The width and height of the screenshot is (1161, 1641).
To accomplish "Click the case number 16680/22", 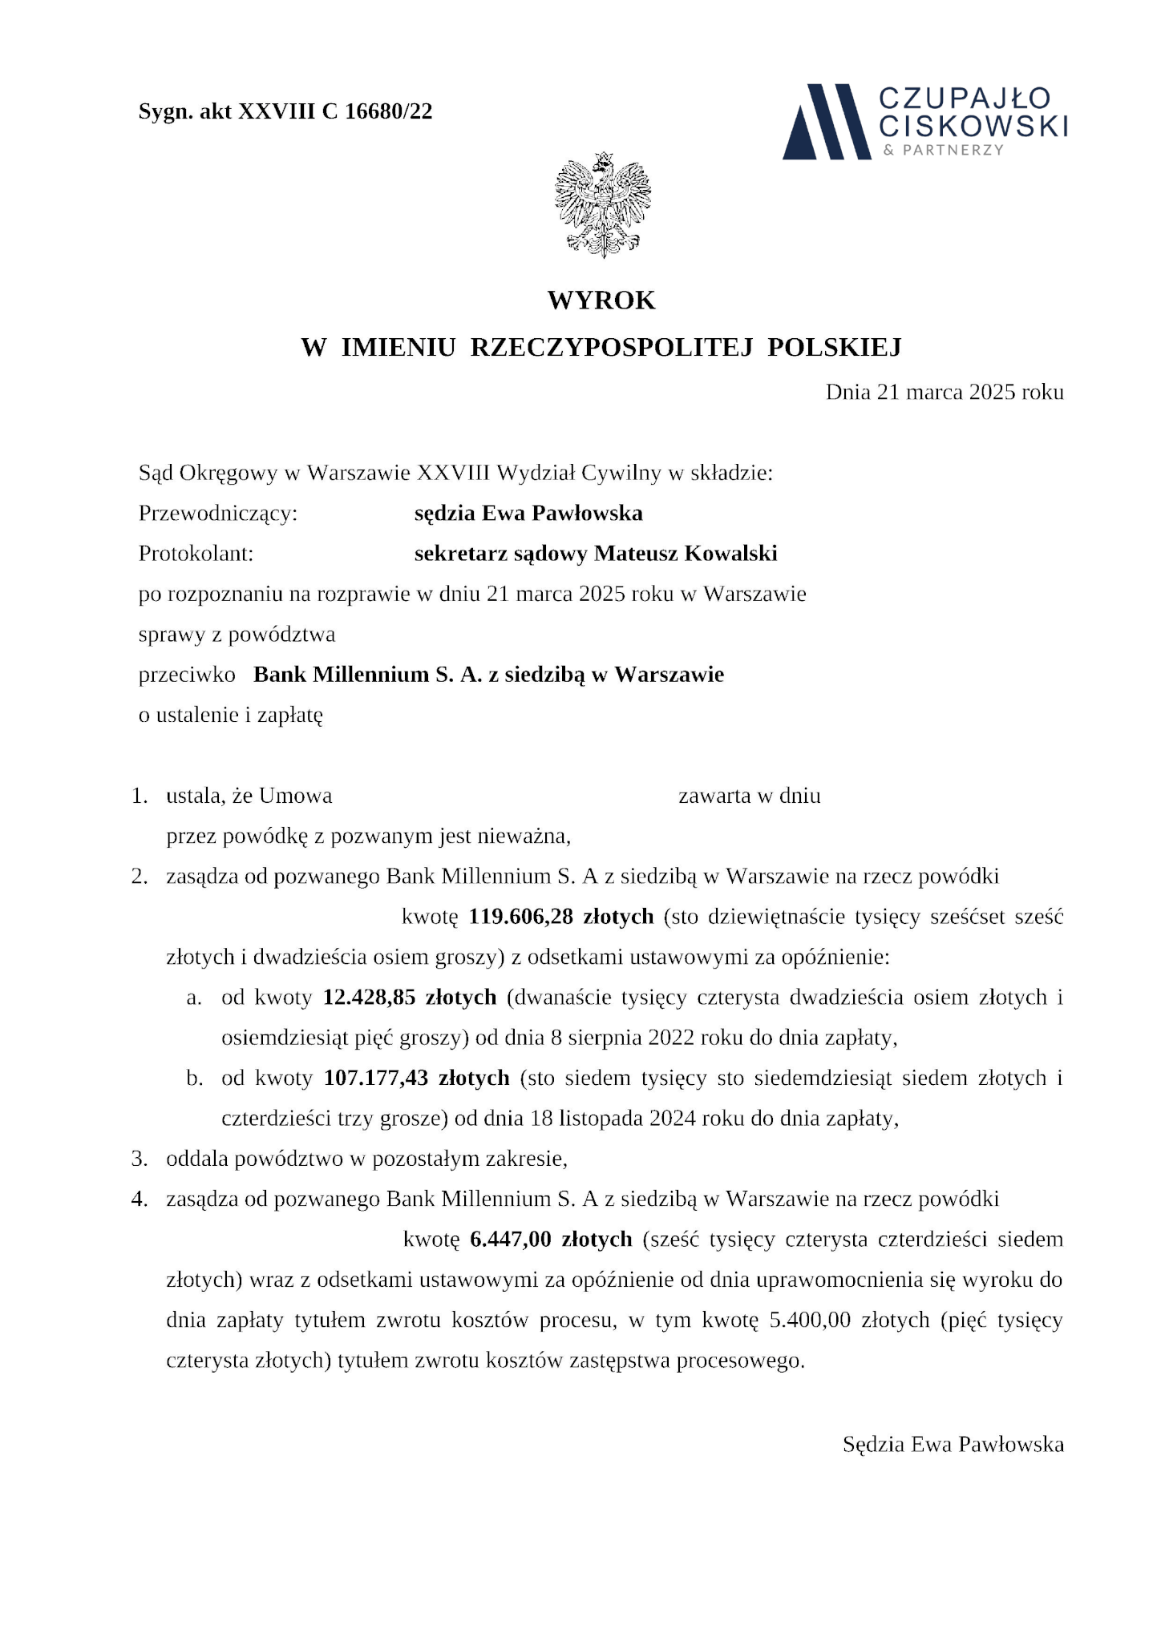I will click(x=388, y=111).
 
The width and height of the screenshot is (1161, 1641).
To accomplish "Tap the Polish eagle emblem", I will click(x=602, y=205).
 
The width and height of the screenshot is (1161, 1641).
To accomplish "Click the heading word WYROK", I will click(x=601, y=300).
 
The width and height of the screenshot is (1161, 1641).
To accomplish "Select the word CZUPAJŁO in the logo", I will click(x=965, y=99).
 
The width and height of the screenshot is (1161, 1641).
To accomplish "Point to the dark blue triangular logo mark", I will click(x=826, y=122).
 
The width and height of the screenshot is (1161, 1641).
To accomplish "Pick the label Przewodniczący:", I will click(x=218, y=513).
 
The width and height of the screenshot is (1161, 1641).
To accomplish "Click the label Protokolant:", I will click(x=196, y=554).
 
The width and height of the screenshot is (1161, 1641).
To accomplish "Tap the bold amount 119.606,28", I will click(x=520, y=917).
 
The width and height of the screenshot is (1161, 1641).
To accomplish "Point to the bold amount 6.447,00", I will click(x=511, y=1240).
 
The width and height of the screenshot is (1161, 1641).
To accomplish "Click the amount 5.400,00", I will click(x=809, y=1320).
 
